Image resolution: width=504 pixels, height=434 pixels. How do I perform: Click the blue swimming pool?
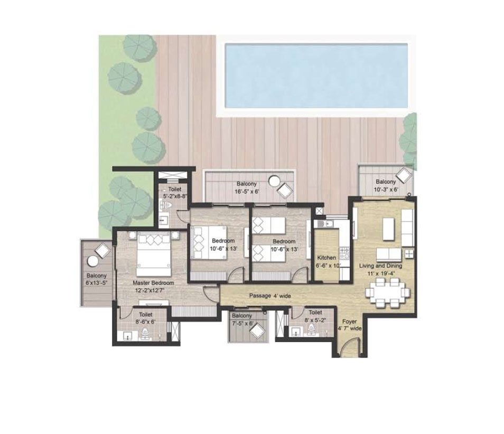pos(316,76)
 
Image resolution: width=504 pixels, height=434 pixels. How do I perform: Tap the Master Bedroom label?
pos(153,283)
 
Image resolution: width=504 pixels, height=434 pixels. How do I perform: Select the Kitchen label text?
pos(326,258)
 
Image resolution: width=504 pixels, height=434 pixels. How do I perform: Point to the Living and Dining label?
pos(380,266)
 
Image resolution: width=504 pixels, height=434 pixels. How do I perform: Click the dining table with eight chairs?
pos(388,293)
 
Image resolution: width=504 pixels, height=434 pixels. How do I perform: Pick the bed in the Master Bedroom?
pos(154,253)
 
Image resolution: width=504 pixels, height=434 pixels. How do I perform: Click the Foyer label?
pos(349,322)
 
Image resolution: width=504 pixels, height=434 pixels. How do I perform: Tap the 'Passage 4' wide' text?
pos(270,296)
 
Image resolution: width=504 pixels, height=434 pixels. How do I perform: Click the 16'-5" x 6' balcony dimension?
pos(247,192)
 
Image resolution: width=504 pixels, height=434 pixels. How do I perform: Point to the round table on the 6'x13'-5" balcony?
pos(93,261)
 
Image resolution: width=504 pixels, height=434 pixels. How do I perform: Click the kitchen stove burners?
pos(344,253)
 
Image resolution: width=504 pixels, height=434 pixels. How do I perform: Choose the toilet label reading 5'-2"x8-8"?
pos(175,192)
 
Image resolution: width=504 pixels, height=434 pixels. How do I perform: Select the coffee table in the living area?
pos(388,229)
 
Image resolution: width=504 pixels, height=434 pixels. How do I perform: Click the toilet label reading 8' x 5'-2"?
pos(315,316)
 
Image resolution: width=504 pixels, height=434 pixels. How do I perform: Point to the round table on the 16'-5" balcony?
pos(275,181)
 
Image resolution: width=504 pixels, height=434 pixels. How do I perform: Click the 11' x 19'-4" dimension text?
pos(381,273)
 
